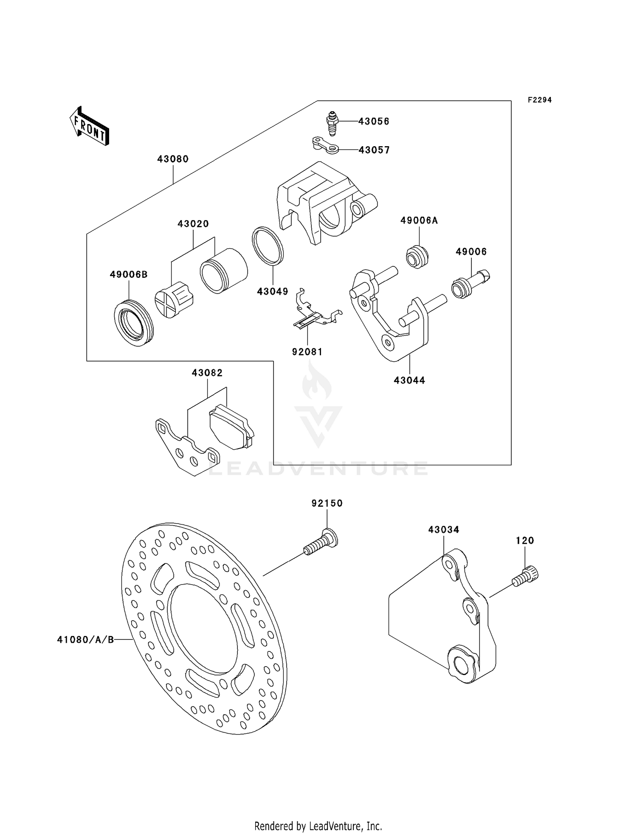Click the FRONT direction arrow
pyautogui.click(x=90, y=127)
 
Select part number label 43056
pyautogui.click(x=374, y=122)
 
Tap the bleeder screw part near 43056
pyautogui.click(x=333, y=123)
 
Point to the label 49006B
pyautogui.click(x=128, y=274)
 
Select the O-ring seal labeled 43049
pyautogui.click(x=268, y=246)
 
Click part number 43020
pyautogui.click(x=193, y=223)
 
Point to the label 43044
pyautogui.click(x=409, y=380)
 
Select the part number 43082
pyautogui.click(x=207, y=373)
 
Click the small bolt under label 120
pyautogui.click(x=526, y=577)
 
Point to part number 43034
pyautogui.click(x=443, y=529)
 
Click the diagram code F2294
pyautogui.click(x=539, y=100)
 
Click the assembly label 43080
pyautogui.click(x=172, y=159)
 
